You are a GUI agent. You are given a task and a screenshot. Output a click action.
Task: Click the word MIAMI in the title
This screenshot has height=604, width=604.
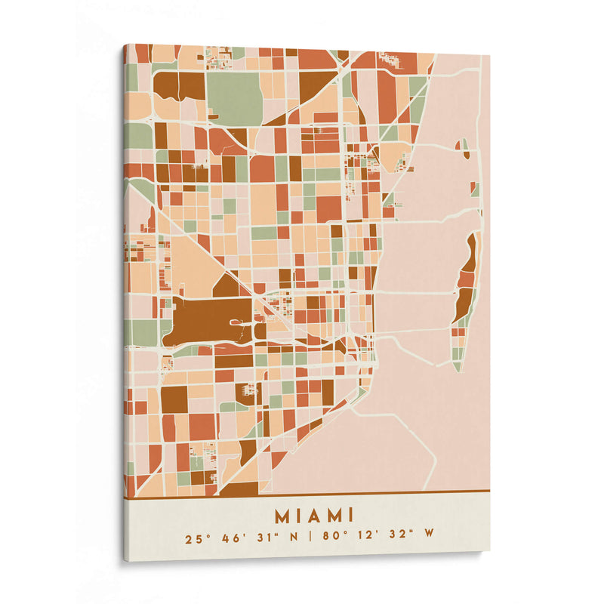[314, 516]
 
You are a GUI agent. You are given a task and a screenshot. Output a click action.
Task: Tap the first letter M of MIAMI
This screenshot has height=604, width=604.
[282, 516]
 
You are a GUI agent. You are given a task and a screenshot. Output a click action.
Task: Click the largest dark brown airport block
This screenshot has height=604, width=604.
[208, 317]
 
